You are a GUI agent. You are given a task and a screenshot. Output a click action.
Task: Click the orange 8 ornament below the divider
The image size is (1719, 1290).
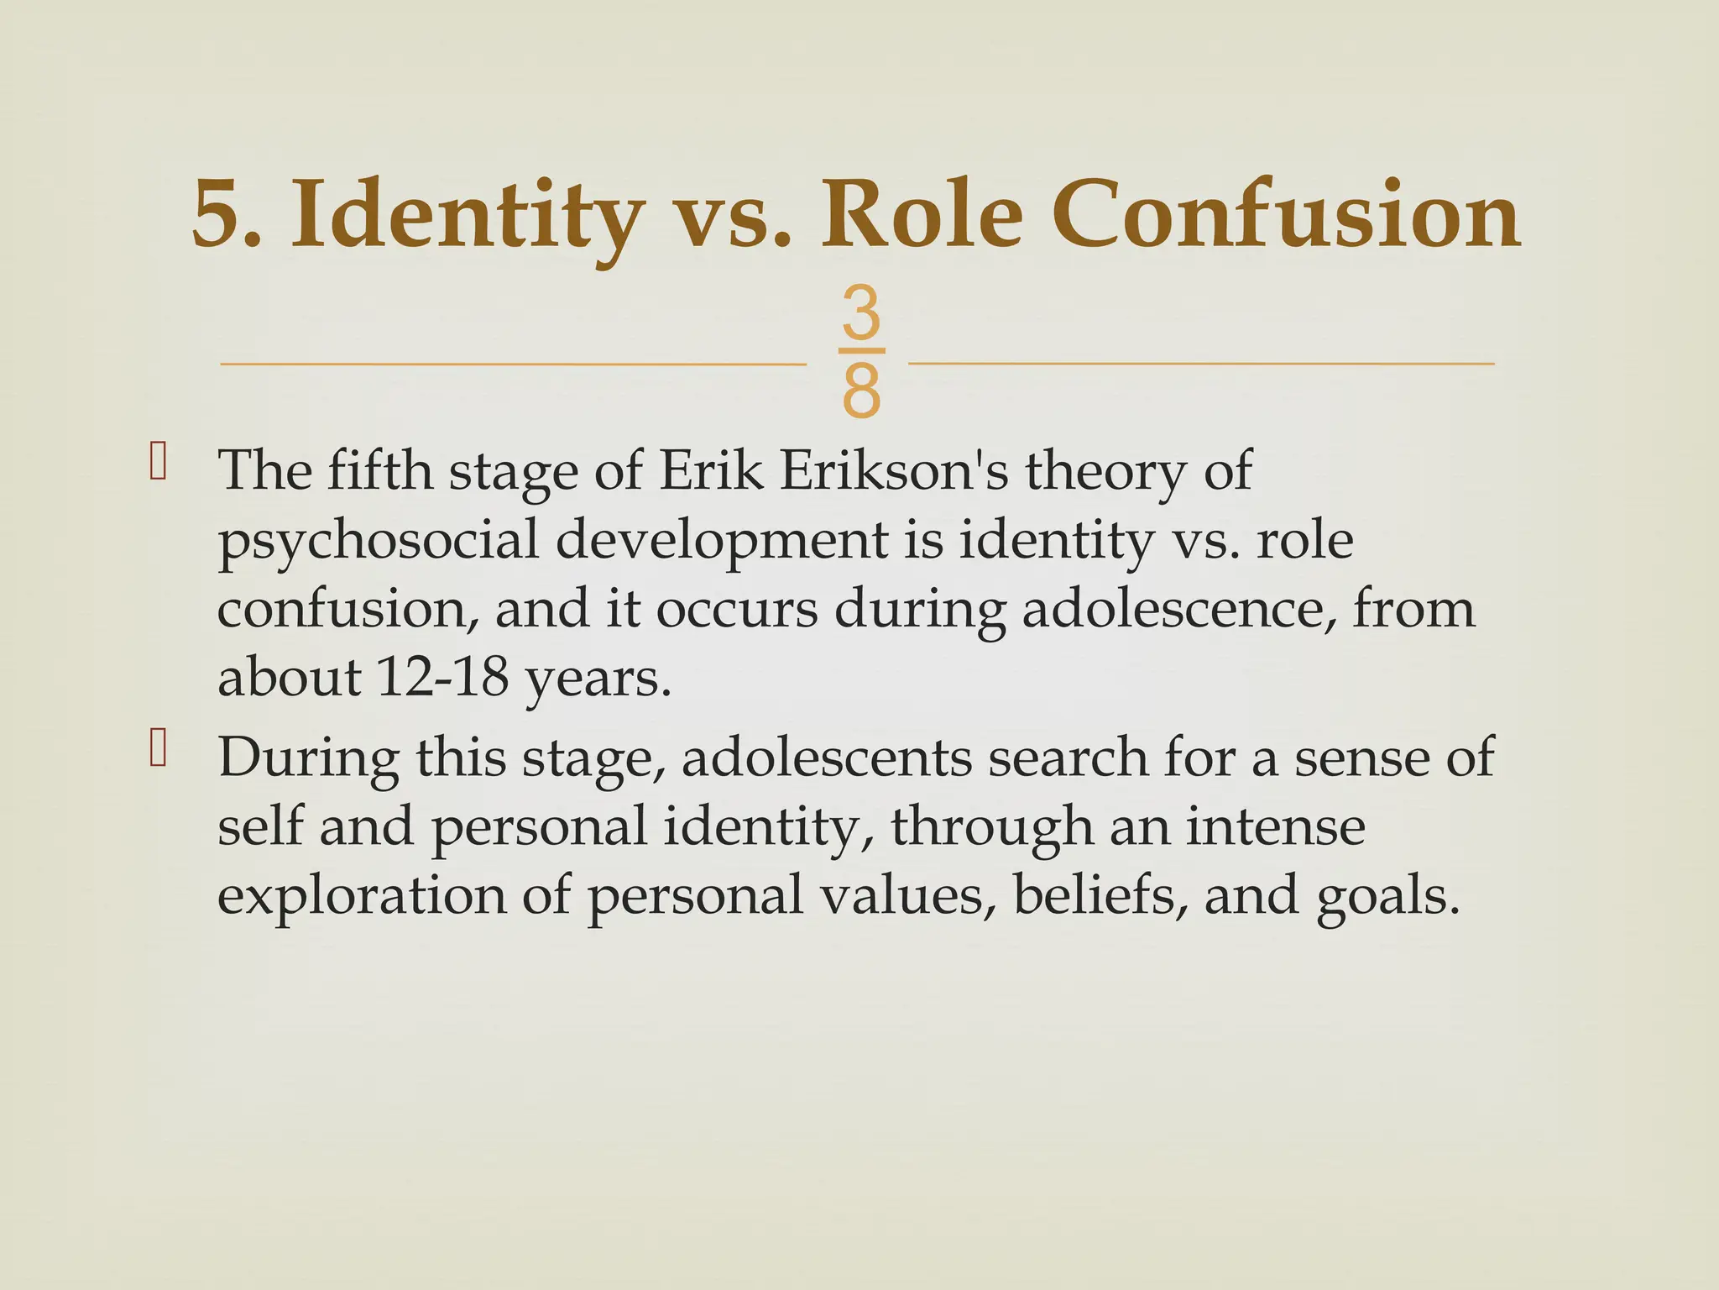point(861,391)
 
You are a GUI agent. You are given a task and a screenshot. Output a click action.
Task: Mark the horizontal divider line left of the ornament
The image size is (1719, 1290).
point(512,364)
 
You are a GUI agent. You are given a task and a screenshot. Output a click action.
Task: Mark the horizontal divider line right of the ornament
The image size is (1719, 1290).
point(1200,364)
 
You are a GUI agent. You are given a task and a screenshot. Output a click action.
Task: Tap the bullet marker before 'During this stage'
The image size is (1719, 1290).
point(158,749)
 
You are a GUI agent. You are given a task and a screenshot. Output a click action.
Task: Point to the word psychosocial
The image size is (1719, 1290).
point(378,541)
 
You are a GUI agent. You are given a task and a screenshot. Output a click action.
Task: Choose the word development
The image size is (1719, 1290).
point(721,541)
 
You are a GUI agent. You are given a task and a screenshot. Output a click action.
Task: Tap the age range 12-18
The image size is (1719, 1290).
point(443,678)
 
